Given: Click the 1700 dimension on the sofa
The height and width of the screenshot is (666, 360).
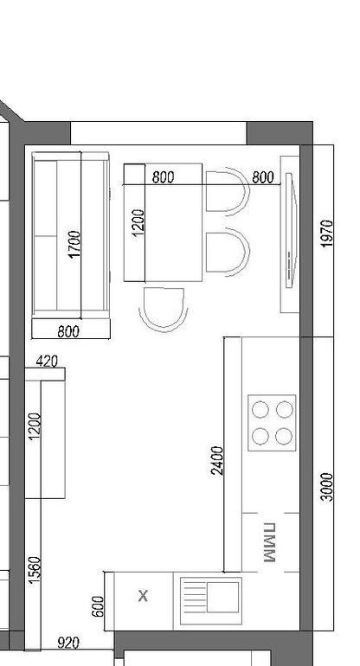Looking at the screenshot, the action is tap(74, 244).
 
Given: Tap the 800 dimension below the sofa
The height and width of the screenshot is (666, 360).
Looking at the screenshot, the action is tap(68, 331).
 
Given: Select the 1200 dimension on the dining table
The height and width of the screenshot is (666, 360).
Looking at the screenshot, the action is tap(138, 222).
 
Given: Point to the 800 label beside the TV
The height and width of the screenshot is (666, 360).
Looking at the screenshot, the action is tap(263, 177).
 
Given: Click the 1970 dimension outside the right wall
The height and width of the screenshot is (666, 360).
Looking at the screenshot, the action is tap(326, 234).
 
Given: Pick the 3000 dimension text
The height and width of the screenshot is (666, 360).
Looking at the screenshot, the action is tap(327, 487).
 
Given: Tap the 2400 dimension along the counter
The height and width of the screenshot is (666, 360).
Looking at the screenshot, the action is tap(217, 460).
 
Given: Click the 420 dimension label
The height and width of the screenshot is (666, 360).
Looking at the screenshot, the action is tap(47, 362).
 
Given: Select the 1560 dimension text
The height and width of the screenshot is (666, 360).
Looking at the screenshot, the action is tap(35, 570).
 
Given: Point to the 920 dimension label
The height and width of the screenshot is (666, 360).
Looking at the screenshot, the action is tap(68, 643).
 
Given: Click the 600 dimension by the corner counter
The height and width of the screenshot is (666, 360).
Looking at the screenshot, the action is tap(98, 606).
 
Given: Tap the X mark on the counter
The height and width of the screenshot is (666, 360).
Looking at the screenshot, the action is tap(144, 596).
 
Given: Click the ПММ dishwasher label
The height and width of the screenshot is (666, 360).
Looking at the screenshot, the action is tap(269, 542).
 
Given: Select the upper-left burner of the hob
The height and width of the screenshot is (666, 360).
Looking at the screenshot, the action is tap(260, 410).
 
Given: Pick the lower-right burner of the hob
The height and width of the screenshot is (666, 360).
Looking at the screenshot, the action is tap(284, 436).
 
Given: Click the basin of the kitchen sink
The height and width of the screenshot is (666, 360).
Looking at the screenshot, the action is tap(222, 597).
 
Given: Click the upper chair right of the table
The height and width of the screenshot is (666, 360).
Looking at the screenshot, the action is tap(228, 191).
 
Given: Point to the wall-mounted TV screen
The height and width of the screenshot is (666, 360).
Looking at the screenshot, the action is tap(291, 230).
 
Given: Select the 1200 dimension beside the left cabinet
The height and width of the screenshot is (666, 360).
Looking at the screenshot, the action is tap(35, 426).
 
